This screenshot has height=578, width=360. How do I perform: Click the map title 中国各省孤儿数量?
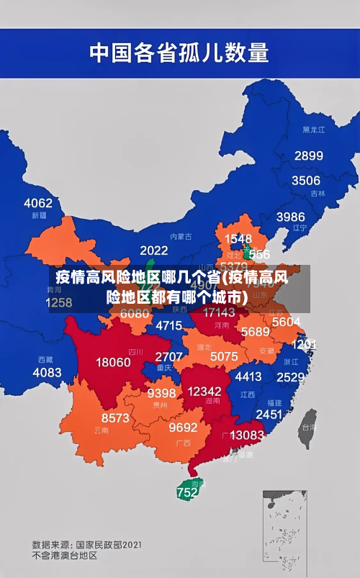(179, 53)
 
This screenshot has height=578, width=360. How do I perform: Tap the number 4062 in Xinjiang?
(38, 203)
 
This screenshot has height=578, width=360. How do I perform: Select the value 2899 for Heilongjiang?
(308, 155)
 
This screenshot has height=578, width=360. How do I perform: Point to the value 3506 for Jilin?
(305, 180)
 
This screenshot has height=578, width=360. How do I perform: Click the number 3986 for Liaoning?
(290, 217)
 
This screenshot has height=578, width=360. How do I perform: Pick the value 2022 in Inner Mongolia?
(153, 250)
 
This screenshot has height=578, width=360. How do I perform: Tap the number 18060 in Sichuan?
(113, 362)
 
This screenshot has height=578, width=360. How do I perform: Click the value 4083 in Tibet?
(48, 372)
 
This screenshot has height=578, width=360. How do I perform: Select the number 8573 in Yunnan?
(115, 417)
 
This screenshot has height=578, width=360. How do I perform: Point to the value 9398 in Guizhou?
(161, 393)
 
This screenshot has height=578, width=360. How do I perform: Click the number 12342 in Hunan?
(204, 391)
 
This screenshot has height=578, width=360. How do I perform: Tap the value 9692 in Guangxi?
(183, 427)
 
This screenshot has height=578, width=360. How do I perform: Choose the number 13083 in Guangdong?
(247, 435)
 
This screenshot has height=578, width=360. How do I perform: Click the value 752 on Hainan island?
(186, 493)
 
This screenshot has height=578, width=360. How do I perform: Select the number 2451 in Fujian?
(269, 415)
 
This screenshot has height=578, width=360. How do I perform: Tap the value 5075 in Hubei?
(224, 356)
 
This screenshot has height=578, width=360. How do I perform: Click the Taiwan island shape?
(307, 425)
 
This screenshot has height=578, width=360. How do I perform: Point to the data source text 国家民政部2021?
(108, 544)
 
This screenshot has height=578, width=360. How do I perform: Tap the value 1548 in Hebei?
(238, 238)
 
